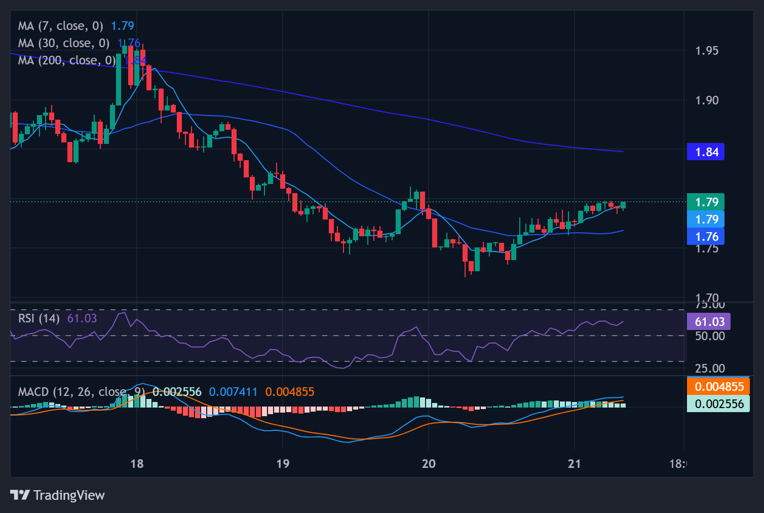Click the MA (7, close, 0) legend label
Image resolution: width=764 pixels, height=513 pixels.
(60, 26)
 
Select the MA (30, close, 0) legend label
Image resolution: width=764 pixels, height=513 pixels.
(63, 43)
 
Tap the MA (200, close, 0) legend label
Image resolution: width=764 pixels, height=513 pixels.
(67, 60)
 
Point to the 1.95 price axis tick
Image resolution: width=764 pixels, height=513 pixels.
(707, 51)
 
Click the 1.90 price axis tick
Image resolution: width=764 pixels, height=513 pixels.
(707, 100)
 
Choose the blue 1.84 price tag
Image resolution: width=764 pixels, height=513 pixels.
(706, 152)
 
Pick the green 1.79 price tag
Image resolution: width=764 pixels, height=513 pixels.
(706, 202)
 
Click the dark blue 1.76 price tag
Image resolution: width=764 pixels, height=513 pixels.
(706, 236)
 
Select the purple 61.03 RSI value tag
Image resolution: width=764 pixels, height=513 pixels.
(709, 321)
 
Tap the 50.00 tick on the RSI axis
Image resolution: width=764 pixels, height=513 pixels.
(710, 336)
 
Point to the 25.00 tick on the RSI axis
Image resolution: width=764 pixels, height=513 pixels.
(710, 368)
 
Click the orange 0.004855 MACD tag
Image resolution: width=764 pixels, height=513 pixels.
(718, 386)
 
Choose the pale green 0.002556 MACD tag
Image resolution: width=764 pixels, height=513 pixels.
(718, 404)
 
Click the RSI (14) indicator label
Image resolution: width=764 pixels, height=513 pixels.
(39, 318)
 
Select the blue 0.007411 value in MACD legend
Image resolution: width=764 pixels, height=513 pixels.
(233, 392)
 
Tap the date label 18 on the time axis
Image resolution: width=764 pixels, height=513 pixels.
(137, 463)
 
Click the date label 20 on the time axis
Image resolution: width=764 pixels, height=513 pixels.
(429, 463)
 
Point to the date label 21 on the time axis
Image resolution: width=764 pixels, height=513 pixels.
(574, 463)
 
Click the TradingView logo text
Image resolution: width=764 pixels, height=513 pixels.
(69, 495)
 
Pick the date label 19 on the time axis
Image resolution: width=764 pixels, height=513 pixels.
(283, 463)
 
